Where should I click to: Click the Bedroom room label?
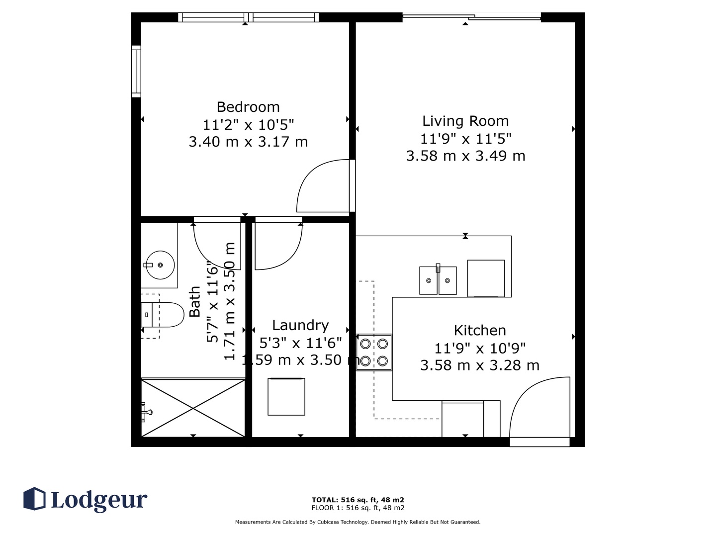pyautogui.click(x=248, y=107)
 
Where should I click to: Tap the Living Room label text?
pyautogui.click(x=465, y=121)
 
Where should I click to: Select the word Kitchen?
pyautogui.click(x=480, y=330)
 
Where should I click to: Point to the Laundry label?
pyautogui.click(x=300, y=325)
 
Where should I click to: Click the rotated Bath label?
pyautogui.click(x=195, y=302)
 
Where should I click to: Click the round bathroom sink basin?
pyautogui.click(x=160, y=265)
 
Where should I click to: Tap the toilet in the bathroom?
pyautogui.click(x=163, y=315)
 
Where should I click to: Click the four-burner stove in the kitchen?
pyautogui.click(x=374, y=352)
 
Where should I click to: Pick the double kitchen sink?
pyautogui.click(x=438, y=280)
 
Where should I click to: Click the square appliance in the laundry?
pyautogui.click(x=286, y=396)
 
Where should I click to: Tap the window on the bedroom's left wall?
pyautogui.click(x=136, y=71)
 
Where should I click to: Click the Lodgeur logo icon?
pyautogui.click(x=34, y=498)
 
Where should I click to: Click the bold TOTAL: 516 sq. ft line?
pyautogui.click(x=358, y=500)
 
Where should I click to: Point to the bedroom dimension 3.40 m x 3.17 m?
pyautogui.click(x=248, y=142)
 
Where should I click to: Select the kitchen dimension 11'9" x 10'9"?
pyautogui.click(x=480, y=349)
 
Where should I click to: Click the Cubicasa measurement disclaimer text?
pyautogui.click(x=358, y=522)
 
